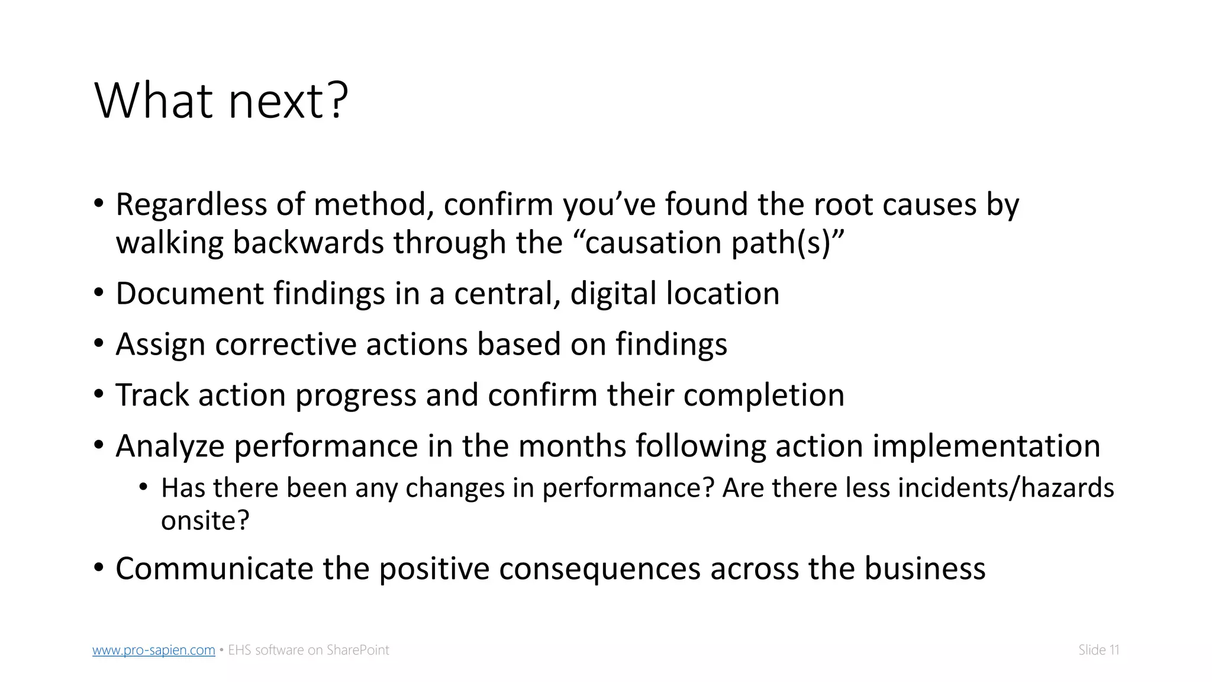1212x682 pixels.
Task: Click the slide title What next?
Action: tap(221, 101)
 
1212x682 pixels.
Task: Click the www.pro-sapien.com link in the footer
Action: tap(153, 650)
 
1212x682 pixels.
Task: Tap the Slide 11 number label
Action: tap(1098, 650)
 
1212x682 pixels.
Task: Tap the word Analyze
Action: tap(170, 446)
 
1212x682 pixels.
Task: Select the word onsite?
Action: tap(205, 521)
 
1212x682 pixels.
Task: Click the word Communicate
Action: tap(214, 568)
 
